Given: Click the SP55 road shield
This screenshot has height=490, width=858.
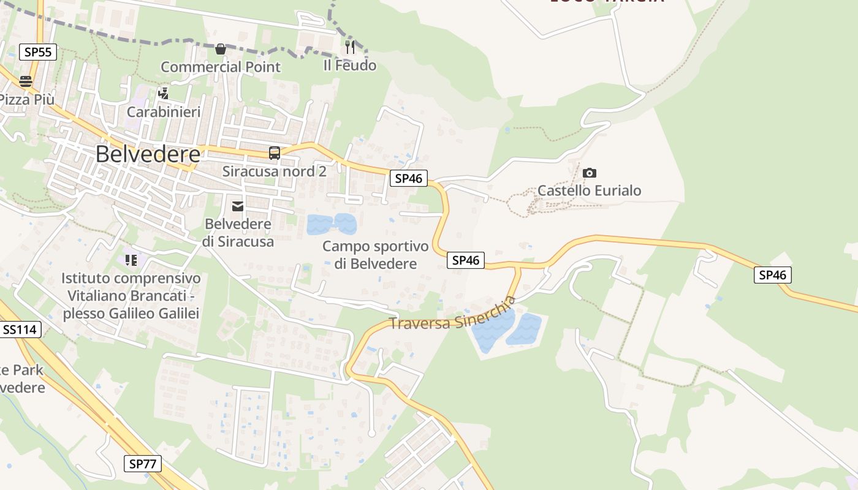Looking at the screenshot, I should (x=38, y=52).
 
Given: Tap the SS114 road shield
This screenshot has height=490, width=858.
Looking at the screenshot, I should (x=20, y=330).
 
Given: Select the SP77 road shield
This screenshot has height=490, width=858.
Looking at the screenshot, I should (x=143, y=464).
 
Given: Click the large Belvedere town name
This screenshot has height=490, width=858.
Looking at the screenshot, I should (x=148, y=154).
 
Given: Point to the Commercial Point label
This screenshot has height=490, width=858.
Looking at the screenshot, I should (x=221, y=67).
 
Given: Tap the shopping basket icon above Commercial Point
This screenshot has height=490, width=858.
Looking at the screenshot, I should (x=221, y=48).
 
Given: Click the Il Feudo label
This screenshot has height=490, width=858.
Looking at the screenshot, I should (x=350, y=65).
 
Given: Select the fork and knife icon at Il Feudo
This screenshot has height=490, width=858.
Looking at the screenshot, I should (x=350, y=47).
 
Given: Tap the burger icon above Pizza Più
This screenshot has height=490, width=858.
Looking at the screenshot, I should (x=26, y=81).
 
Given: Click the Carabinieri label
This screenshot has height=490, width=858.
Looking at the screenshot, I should (x=164, y=112).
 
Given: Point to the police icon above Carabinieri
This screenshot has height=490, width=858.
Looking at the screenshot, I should (x=163, y=94).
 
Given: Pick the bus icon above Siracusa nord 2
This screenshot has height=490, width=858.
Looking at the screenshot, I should (x=275, y=153).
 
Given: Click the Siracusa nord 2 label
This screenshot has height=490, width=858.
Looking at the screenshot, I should (x=275, y=171).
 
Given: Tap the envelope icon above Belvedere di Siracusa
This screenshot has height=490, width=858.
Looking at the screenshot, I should (x=238, y=206).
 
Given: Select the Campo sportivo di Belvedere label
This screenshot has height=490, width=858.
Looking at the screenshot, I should (x=376, y=255).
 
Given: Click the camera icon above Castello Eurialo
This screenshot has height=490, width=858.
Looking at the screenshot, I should (x=590, y=173).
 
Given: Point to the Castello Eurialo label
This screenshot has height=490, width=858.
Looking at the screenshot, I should (x=590, y=190).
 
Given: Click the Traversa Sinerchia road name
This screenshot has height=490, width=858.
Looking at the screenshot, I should (x=452, y=315).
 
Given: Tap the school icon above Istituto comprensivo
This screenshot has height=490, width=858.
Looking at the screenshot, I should (x=131, y=260).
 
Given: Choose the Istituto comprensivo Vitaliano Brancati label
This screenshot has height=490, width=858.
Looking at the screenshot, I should (x=131, y=296).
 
